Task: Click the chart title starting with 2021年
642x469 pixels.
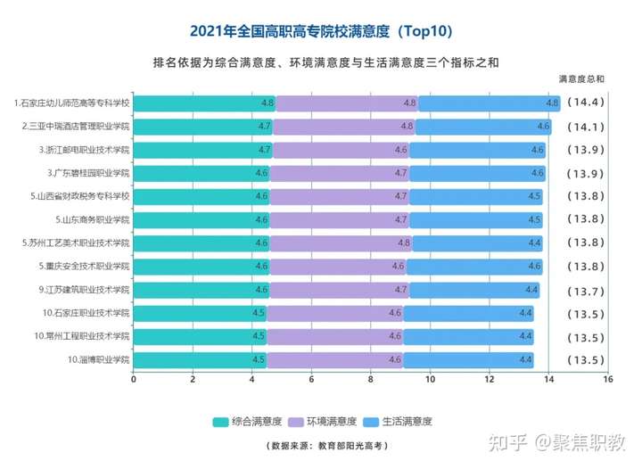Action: (322, 31)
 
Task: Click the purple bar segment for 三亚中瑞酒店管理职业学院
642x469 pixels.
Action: (343, 127)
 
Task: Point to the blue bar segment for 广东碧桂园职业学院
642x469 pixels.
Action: (477, 173)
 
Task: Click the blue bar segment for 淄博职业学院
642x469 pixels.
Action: (468, 359)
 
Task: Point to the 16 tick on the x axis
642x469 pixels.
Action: (607, 379)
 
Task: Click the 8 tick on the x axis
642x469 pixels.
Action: (371, 379)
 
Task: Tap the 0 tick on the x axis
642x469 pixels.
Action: (134, 379)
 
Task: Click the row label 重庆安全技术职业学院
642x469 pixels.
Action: (85, 266)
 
